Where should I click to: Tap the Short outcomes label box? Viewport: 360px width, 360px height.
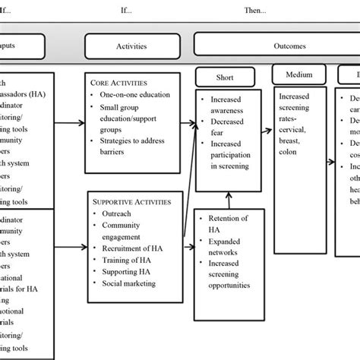[x=224, y=77]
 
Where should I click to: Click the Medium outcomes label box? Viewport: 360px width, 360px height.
[x=297, y=74]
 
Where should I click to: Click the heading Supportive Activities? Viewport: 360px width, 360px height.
[x=131, y=202]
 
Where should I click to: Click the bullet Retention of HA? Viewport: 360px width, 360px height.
[x=227, y=224]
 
